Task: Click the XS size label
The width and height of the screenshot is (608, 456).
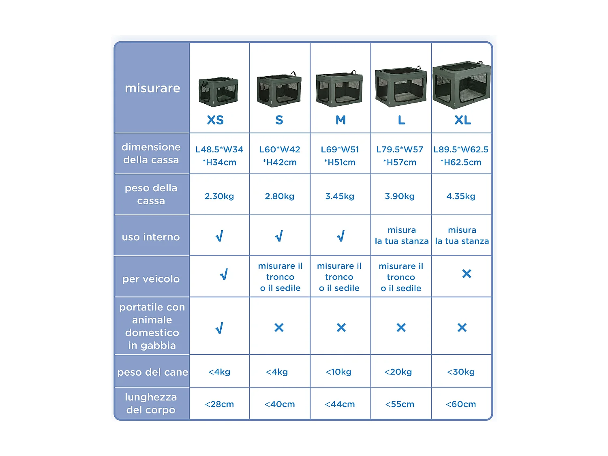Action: tap(215, 120)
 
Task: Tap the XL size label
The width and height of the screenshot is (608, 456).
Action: tap(462, 120)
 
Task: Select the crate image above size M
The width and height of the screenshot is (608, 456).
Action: tap(339, 90)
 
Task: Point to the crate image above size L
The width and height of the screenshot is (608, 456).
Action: tap(401, 86)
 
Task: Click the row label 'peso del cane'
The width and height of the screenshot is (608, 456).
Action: tap(152, 372)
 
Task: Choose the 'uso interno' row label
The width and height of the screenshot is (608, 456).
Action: tap(151, 237)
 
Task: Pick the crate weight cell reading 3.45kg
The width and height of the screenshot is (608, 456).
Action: tap(340, 196)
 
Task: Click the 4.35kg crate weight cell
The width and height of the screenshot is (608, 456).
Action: tap(461, 196)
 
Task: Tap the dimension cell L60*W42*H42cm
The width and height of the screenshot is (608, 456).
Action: tap(280, 156)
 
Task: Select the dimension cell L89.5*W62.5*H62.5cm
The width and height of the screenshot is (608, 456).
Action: tap(461, 156)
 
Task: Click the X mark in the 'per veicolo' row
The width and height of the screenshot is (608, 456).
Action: tap(467, 274)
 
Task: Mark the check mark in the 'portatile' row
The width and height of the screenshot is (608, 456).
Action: tap(219, 328)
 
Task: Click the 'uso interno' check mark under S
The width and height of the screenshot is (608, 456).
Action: tap(279, 236)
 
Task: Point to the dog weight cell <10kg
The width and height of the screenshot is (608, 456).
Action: tap(338, 372)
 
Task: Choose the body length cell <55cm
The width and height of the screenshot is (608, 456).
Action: tap(400, 404)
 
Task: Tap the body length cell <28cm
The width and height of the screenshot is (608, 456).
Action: tap(219, 404)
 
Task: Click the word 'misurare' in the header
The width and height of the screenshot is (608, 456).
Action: tap(152, 88)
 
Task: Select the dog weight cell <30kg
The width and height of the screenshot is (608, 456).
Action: tap(461, 372)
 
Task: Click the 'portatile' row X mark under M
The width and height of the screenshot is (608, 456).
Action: tap(341, 328)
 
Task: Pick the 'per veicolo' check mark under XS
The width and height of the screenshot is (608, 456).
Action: tap(224, 275)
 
